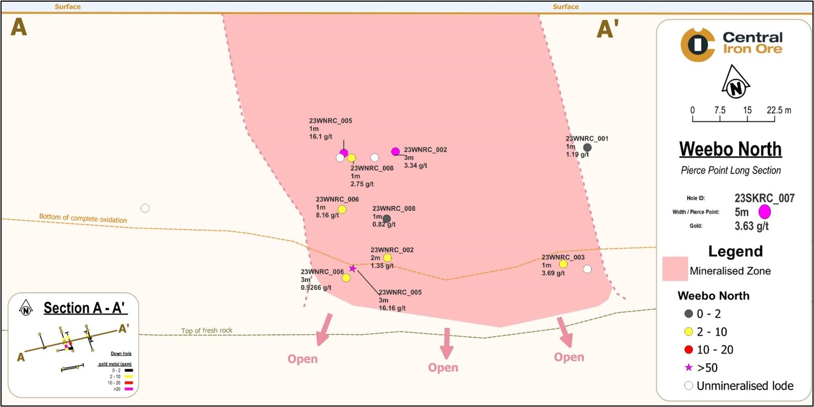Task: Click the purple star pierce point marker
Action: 352,268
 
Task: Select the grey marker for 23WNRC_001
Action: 587,148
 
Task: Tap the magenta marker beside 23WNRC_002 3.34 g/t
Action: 395,151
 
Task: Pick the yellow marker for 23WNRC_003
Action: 563,264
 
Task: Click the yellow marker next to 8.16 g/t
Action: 342,209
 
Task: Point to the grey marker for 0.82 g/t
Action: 387,219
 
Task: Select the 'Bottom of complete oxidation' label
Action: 83,218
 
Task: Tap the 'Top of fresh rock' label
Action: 207,331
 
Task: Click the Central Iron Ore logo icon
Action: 697,45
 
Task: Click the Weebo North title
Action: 730,149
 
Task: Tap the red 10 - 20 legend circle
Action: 688,350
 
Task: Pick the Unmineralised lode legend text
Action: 745,386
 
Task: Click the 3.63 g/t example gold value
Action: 752,226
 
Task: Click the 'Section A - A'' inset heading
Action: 85,308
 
